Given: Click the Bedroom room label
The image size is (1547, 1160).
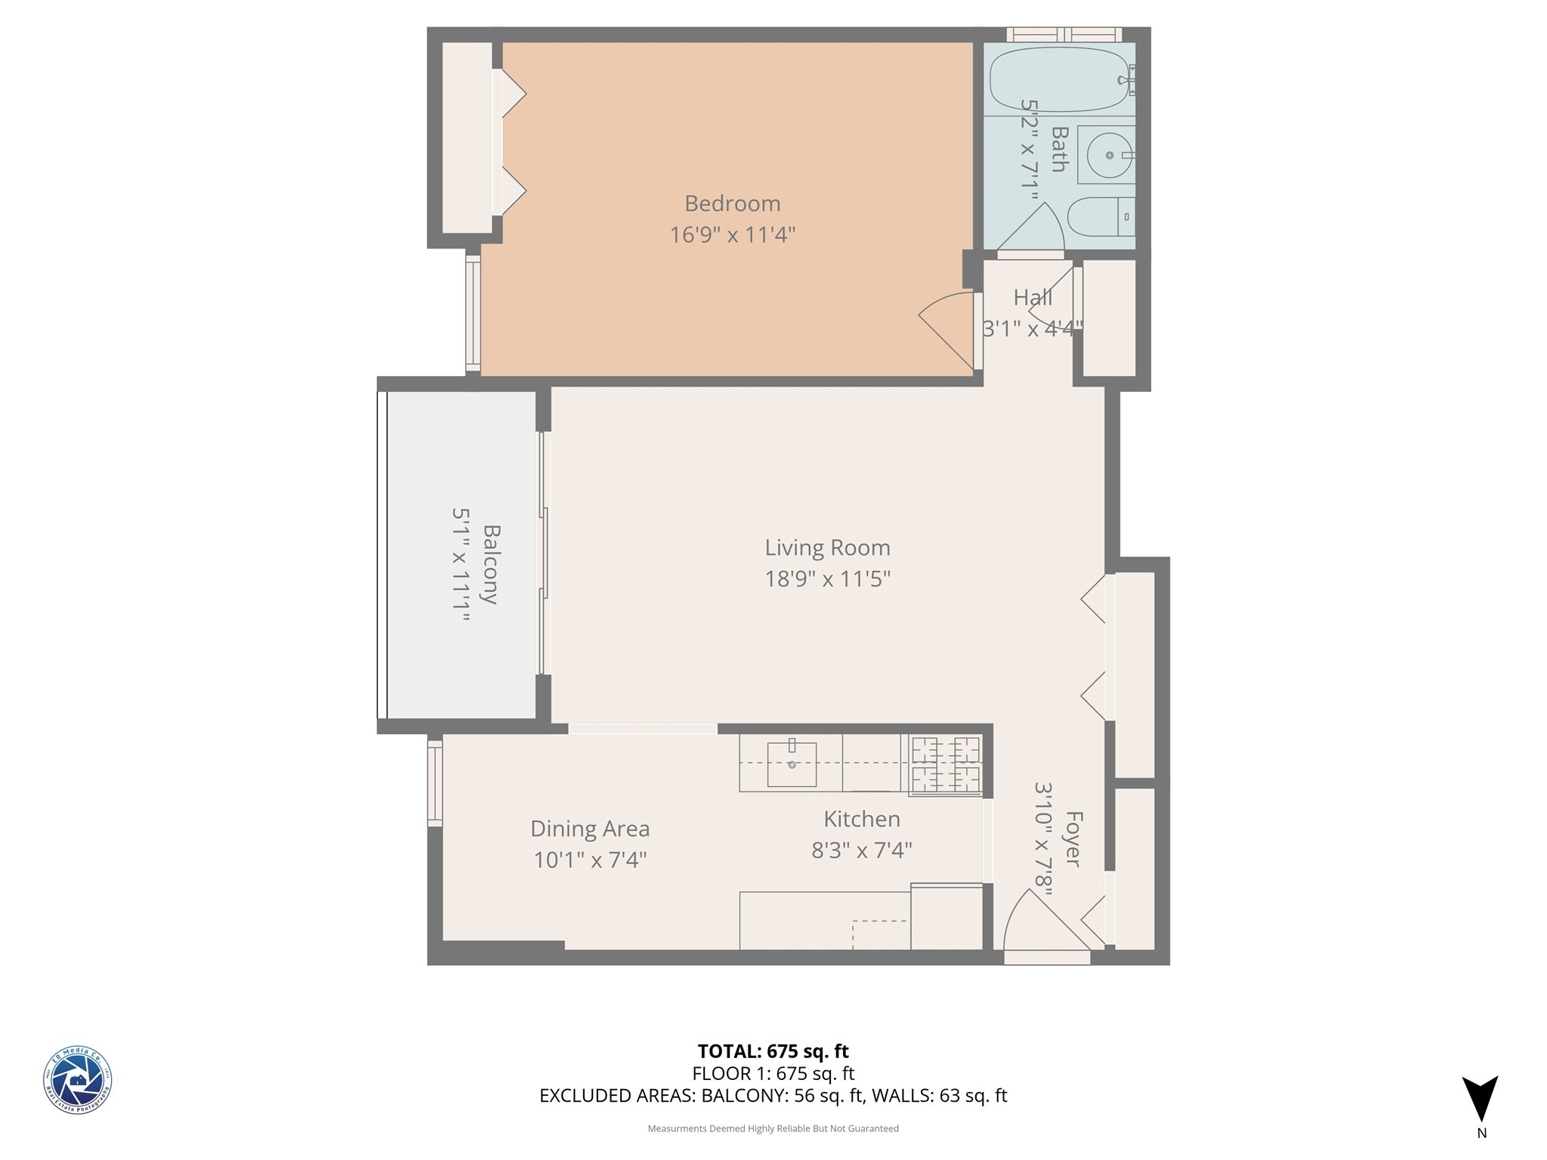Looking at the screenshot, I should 732,203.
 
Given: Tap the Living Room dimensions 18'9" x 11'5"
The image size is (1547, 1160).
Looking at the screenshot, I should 827,579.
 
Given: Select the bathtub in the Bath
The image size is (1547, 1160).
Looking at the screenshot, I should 1058,80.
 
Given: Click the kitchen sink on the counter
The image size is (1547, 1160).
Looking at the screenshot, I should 792,764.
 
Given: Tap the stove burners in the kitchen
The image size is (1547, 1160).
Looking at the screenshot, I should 946,765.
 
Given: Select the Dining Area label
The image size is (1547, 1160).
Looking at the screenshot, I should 589,828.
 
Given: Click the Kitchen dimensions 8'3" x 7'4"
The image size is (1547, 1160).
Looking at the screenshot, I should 861,851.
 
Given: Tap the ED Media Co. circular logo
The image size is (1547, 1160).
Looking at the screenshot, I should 77,1081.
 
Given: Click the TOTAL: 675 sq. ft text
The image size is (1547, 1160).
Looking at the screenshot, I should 773,1050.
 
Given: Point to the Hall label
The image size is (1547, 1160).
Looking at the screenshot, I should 1033,298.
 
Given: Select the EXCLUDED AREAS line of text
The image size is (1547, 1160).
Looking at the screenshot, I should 773,1096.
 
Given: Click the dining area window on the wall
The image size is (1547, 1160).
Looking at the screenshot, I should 434,781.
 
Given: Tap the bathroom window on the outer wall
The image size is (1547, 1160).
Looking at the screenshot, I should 1064,34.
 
